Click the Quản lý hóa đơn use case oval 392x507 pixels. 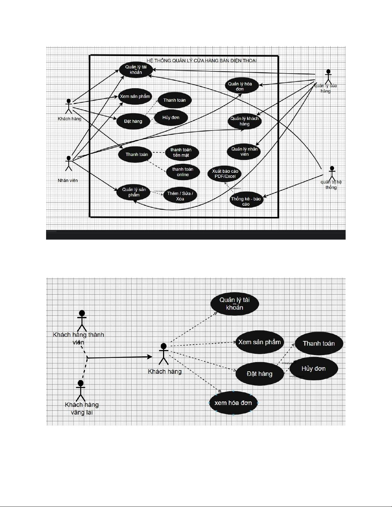coord(240,86)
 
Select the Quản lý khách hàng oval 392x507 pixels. coord(244,121)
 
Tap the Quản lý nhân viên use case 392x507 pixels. coord(244,152)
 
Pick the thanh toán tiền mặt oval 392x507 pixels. coord(181,153)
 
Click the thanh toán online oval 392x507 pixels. coord(183,172)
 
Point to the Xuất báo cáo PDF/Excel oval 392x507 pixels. coord(225,174)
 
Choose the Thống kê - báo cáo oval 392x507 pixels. coord(246,201)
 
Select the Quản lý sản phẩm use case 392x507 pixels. coord(134,192)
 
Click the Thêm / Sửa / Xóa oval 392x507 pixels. coord(180,196)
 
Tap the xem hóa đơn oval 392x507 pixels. coord(233,403)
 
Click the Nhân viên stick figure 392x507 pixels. coord(68,163)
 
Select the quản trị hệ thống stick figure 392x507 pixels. coord(332,173)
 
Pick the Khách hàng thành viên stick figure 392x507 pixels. coord(82,321)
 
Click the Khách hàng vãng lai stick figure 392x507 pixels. coord(81,390)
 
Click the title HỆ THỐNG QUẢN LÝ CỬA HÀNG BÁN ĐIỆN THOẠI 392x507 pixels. coord(202,60)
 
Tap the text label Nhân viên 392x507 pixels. coord(68,180)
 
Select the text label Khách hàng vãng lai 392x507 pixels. coord(82,408)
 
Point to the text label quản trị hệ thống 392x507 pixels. coord(331,185)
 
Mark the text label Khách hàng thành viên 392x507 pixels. coord(78,338)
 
